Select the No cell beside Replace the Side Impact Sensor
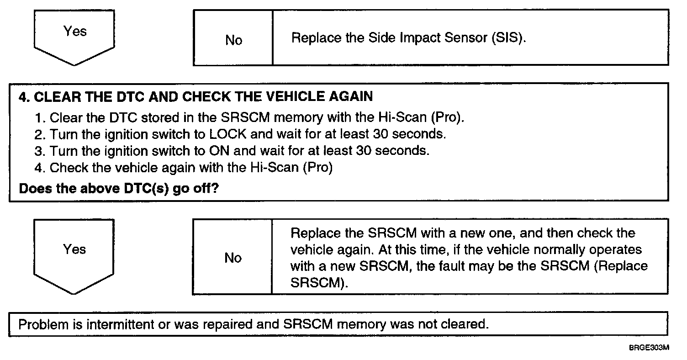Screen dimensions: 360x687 [x=233, y=40]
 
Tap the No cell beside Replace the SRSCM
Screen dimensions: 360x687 [x=233, y=258]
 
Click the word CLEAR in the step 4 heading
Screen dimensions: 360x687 [x=53, y=97]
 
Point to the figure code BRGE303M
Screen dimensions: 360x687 [x=649, y=348]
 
